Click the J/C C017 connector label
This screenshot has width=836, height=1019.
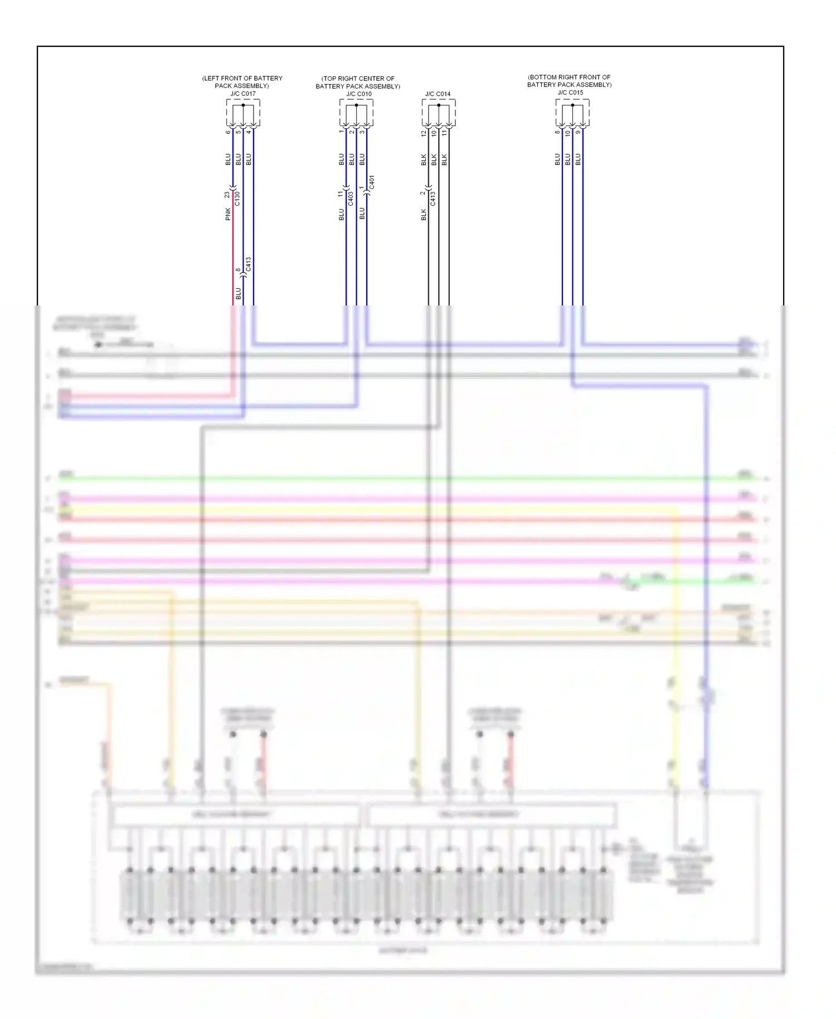coord(243,94)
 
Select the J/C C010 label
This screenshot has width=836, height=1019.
coord(359,94)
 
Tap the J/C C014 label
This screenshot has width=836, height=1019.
coord(438,94)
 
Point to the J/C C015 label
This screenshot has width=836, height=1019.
coord(570,93)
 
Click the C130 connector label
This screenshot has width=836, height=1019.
coord(237,198)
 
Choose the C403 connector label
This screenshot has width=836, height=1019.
coord(351,199)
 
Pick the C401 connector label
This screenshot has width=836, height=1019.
coord(372,182)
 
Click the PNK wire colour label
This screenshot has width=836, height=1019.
coord(228,214)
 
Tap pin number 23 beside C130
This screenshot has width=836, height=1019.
coord(227,195)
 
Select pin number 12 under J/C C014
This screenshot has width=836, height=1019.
coord(424,133)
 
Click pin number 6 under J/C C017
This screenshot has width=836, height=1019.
coord(228,132)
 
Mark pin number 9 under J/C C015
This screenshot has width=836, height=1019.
coord(578,132)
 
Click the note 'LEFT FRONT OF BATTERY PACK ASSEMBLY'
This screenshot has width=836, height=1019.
coord(242,82)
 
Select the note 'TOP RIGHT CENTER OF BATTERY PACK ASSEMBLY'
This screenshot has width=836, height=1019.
coord(358,83)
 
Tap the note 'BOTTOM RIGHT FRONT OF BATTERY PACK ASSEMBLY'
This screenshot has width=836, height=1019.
coord(569,81)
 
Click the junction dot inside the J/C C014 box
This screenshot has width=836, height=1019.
coord(439,105)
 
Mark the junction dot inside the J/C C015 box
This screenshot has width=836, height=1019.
coord(572,105)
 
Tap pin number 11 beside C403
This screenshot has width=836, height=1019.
coord(341,194)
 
